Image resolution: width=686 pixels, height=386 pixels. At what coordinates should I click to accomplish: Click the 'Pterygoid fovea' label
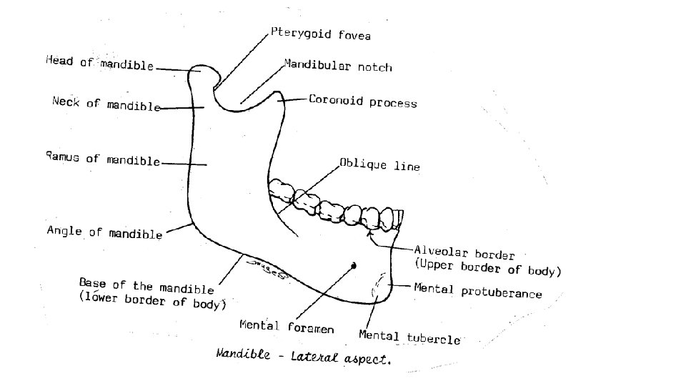pyautogui.click(x=321, y=34)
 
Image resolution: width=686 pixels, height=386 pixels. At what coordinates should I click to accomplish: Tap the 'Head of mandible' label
pyautogui.click(x=99, y=64)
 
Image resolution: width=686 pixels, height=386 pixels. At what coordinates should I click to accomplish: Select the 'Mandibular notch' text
pyautogui.click(x=338, y=66)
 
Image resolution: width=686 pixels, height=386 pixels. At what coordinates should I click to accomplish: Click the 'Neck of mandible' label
pyautogui.click(x=106, y=104)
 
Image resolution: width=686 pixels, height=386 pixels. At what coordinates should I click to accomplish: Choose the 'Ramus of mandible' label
pyautogui.click(x=102, y=159)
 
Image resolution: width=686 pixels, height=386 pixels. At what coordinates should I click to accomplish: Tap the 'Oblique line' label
pyautogui.click(x=379, y=165)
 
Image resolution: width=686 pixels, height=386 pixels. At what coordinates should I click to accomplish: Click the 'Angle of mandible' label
pyautogui.click(x=104, y=232)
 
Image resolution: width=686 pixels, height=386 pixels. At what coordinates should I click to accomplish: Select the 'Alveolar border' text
pyautogui.click(x=464, y=253)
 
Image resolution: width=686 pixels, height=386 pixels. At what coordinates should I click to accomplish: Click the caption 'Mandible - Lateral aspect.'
pyautogui.click(x=303, y=357)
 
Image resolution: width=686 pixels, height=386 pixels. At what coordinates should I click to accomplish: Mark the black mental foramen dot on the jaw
pyautogui.click(x=353, y=266)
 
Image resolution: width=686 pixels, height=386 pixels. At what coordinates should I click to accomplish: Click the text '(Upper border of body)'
pyautogui.click(x=488, y=269)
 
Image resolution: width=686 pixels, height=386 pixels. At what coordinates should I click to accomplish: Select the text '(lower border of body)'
pyautogui.click(x=152, y=301)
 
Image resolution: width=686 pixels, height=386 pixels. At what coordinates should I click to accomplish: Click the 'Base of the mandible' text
pyautogui.click(x=146, y=286)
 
